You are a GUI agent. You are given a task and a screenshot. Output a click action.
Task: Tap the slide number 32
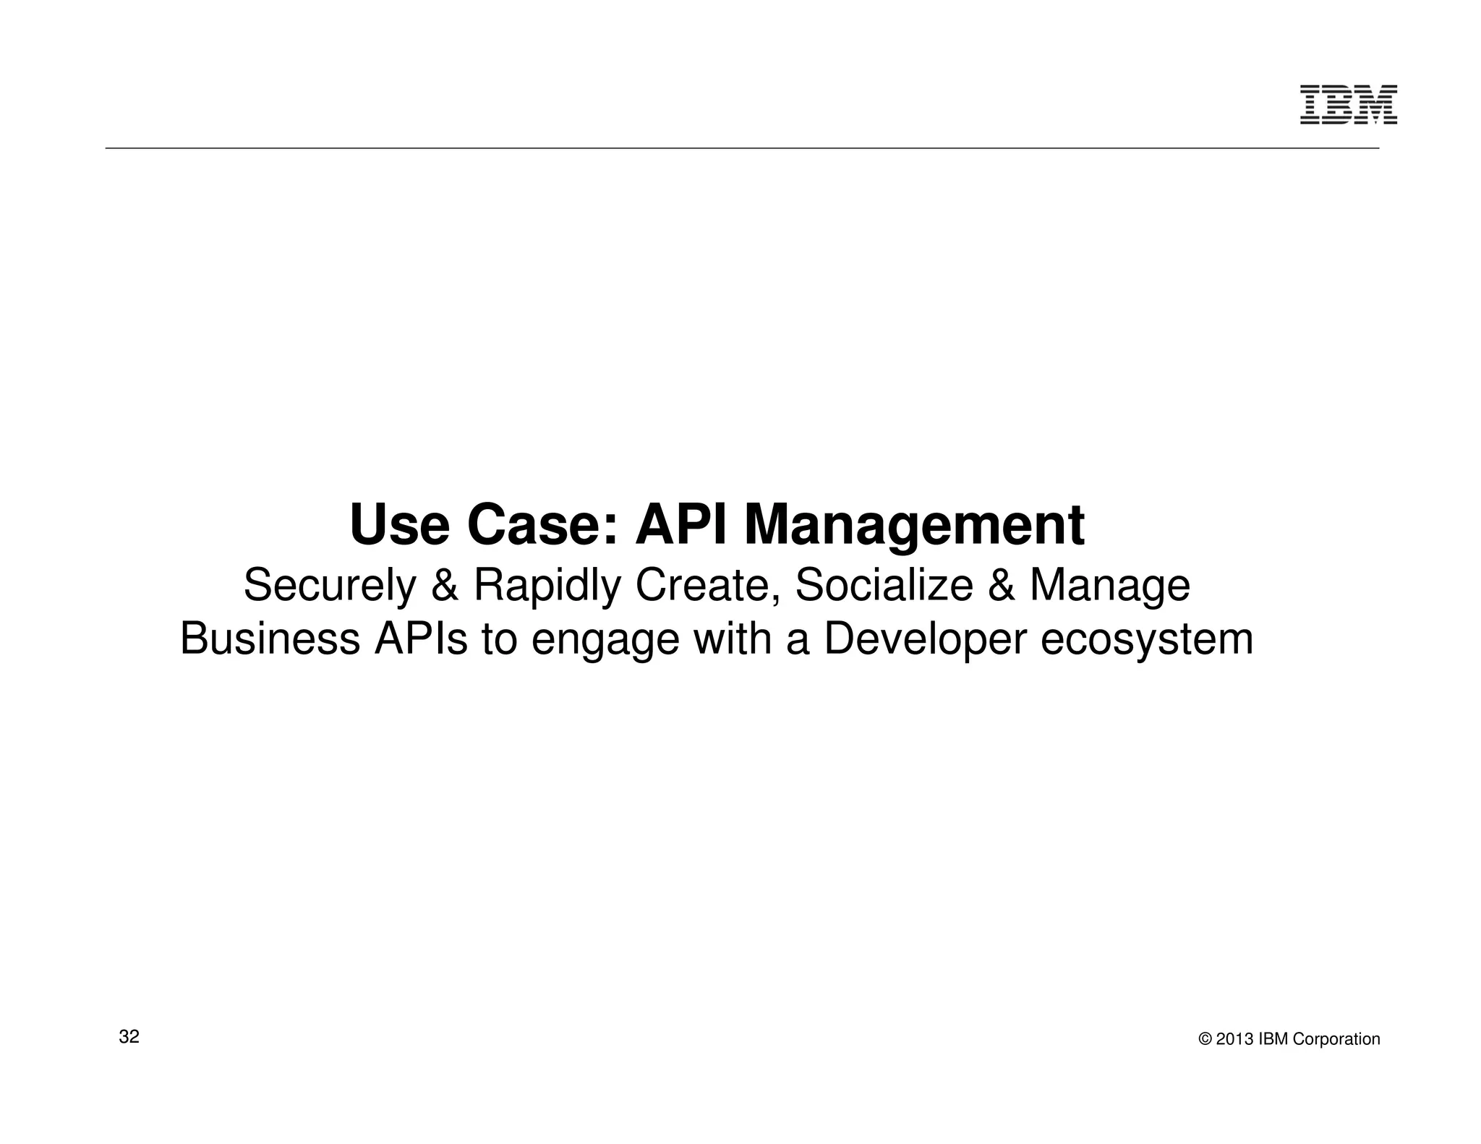[x=129, y=1036]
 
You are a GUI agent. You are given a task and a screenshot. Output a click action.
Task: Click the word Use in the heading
[x=399, y=526]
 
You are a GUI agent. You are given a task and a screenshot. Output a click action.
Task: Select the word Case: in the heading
[x=544, y=526]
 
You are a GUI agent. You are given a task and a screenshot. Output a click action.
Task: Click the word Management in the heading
[x=914, y=526]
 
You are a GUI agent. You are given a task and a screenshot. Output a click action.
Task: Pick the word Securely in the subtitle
[x=330, y=586]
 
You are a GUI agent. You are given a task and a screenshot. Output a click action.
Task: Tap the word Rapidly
[x=547, y=586]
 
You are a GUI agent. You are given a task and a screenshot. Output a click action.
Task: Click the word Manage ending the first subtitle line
[x=1109, y=586]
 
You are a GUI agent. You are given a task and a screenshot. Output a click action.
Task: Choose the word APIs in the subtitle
[x=420, y=640]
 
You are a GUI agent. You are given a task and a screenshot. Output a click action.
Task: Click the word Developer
[x=925, y=640]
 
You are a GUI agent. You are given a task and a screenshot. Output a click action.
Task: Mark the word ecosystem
[x=1146, y=640]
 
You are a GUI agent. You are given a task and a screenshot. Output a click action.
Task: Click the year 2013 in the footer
[x=1235, y=1039]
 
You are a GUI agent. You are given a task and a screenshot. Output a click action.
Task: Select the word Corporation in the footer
[x=1336, y=1039]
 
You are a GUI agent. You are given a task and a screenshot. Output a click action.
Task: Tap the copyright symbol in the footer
[x=1205, y=1039]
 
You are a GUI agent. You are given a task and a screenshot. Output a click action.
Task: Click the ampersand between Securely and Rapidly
[x=444, y=586]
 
